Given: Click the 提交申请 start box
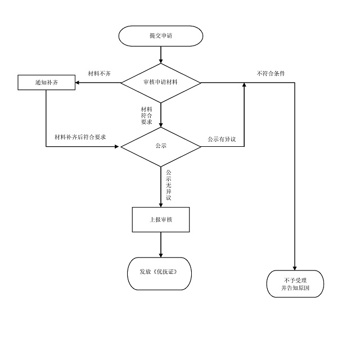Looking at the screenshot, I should [x=161, y=35].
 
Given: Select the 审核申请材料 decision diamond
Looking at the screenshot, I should [x=161, y=83].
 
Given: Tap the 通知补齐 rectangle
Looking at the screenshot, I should [x=46, y=83].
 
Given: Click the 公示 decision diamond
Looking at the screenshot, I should [x=161, y=146].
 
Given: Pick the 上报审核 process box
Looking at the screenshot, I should [x=161, y=219].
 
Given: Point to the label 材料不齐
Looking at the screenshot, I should [x=100, y=74].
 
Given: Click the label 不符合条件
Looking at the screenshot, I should [x=271, y=74].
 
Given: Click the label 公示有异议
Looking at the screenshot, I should [x=221, y=139].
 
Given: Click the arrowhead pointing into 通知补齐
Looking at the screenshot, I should [x=78, y=83].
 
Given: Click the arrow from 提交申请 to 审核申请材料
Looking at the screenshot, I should [x=161, y=53].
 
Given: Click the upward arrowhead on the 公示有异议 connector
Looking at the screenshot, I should [x=244, y=85].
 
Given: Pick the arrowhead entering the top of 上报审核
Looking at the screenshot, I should [x=161, y=204].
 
